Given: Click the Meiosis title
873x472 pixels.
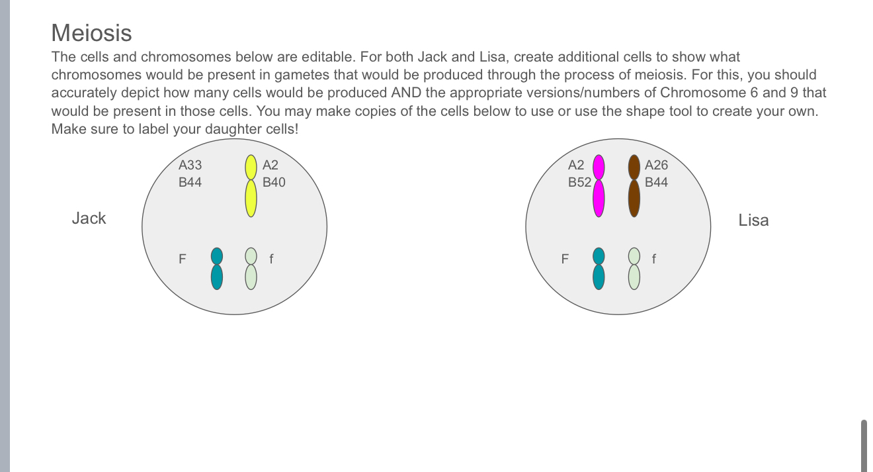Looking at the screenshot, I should (x=91, y=33).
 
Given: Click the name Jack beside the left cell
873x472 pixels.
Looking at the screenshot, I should (x=89, y=218).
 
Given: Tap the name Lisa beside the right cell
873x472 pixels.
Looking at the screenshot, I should (x=753, y=220).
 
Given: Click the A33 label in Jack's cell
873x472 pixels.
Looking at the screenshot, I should (x=190, y=165).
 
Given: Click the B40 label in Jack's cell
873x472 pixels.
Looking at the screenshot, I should (x=274, y=182).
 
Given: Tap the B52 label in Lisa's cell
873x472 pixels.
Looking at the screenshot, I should (x=579, y=182).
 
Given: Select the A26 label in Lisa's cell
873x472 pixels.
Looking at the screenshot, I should (x=656, y=165).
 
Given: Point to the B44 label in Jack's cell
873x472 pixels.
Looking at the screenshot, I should (x=190, y=182).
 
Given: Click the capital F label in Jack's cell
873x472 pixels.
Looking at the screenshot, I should (x=183, y=259).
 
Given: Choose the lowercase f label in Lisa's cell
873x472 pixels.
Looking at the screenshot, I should (x=654, y=259).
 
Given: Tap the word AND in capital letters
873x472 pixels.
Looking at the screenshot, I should (x=405, y=93).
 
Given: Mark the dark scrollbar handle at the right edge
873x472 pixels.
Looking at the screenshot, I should (x=864, y=445).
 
